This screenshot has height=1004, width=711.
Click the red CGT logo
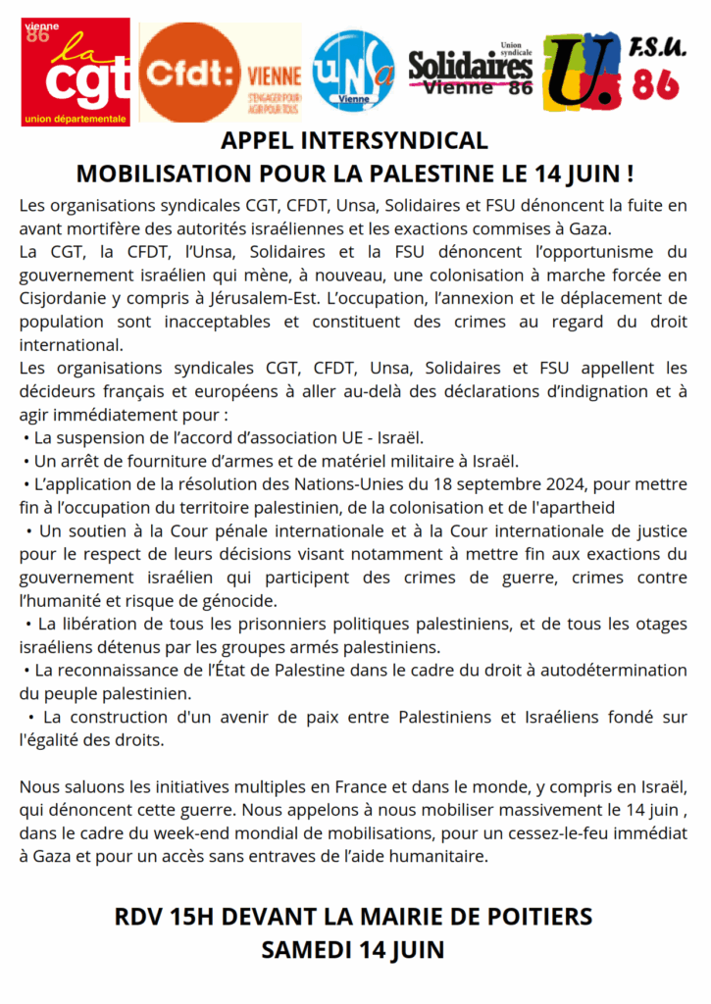coord(76,73)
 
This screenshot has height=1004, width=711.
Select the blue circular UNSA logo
coord(353,70)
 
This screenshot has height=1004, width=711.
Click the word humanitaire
coord(439,857)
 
